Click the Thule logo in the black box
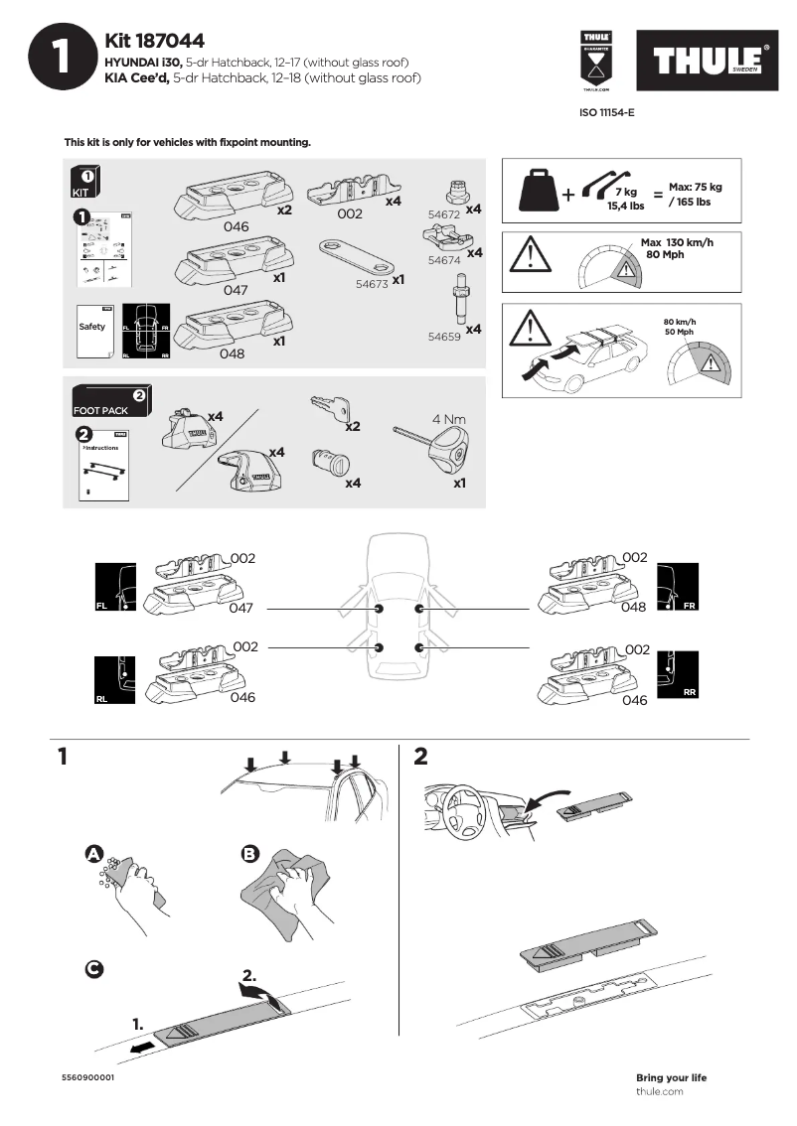coord(708,62)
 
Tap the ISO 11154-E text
coord(606,113)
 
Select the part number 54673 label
coord(372,283)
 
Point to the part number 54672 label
coord(444,213)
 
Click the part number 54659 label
coord(444,337)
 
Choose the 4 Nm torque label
coord(449,419)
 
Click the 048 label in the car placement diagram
coord(634,607)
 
